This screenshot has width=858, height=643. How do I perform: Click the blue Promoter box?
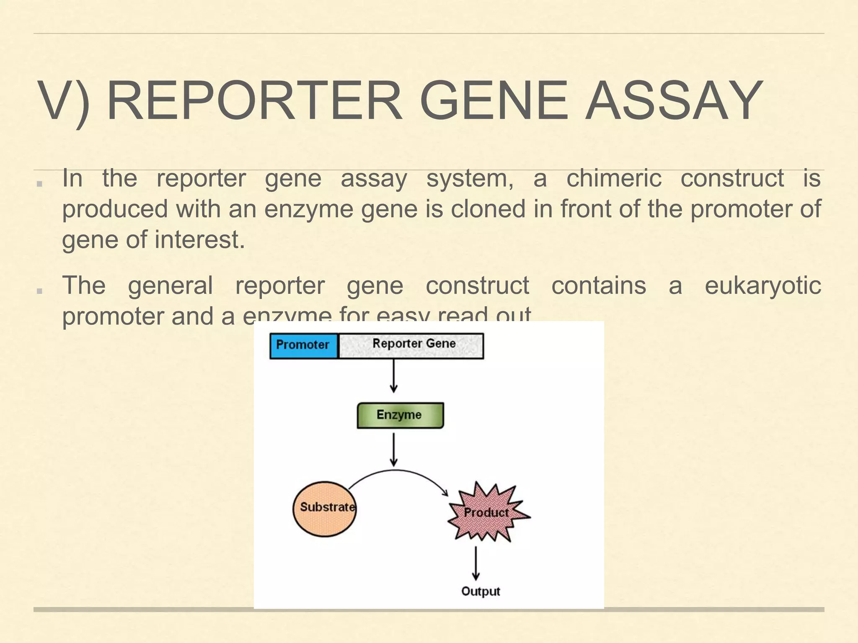tap(303, 345)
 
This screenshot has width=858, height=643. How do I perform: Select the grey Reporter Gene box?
tap(411, 345)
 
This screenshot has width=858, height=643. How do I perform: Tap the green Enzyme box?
tap(400, 415)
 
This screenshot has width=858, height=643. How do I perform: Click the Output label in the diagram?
tap(481, 591)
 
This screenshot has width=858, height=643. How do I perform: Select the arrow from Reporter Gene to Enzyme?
tap(393, 376)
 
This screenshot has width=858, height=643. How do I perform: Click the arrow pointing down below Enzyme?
tap(393, 449)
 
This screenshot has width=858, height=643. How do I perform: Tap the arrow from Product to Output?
tap(476, 563)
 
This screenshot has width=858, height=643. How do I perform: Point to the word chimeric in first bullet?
tap(614, 178)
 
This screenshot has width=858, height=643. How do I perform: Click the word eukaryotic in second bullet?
tap(762, 285)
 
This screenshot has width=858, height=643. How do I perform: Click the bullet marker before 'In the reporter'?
tap(40, 183)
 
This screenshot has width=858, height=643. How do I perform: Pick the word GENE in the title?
tap(494, 101)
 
